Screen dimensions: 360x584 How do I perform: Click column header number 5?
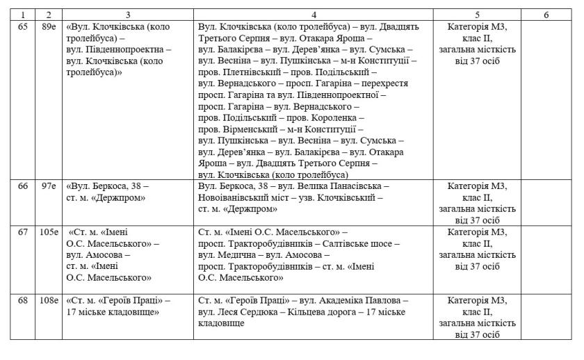click(476, 14)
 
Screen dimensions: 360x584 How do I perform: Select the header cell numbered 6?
click(546, 14)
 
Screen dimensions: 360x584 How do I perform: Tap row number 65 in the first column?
click(22, 27)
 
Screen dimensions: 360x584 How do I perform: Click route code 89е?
click(48, 27)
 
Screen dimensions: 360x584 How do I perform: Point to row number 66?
click(22, 186)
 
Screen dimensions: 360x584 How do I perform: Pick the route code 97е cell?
click(48, 186)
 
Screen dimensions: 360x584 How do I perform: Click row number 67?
click(22, 232)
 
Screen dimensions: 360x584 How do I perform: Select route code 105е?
click(48, 232)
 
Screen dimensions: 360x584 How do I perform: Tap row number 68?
click(22, 301)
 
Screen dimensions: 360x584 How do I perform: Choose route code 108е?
click(48, 301)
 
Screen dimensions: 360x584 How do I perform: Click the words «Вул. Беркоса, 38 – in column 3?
click(108, 186)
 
